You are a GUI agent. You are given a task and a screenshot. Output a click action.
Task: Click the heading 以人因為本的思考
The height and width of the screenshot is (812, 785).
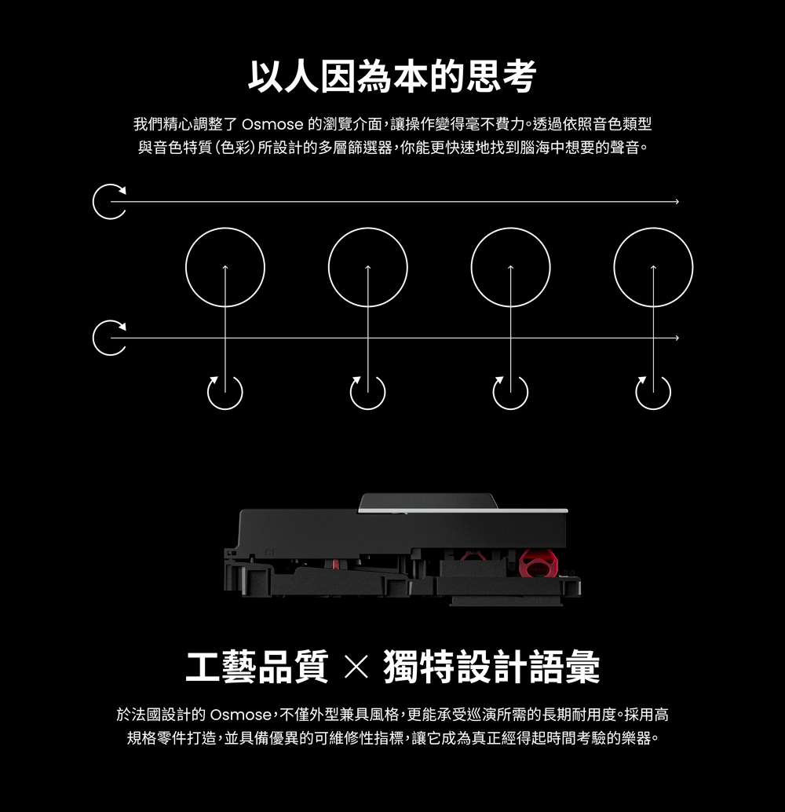[x=392, y=77]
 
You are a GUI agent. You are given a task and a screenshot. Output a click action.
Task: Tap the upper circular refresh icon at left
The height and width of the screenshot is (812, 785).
[x=108, y=202]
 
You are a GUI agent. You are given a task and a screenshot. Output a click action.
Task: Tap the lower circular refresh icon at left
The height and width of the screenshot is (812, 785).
[x=108, y=338]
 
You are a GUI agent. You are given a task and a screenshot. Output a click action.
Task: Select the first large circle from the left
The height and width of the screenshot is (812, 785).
[x=225, y=267]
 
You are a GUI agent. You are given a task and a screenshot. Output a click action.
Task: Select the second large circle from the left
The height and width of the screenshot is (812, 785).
[x=367, y=267]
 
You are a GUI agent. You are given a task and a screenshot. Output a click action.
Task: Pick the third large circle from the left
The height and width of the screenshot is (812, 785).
[x=510, y=267]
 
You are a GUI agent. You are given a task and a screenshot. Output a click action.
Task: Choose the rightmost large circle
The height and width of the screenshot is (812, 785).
[x=653, y=267]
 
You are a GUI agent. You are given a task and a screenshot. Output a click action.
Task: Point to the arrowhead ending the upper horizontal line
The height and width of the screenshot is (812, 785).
[x=674, y=203]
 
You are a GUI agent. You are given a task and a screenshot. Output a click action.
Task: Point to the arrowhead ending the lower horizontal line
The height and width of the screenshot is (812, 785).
[x=674, y=338]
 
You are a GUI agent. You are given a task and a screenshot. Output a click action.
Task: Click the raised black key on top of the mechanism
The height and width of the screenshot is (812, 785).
[x=424, y=503]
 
